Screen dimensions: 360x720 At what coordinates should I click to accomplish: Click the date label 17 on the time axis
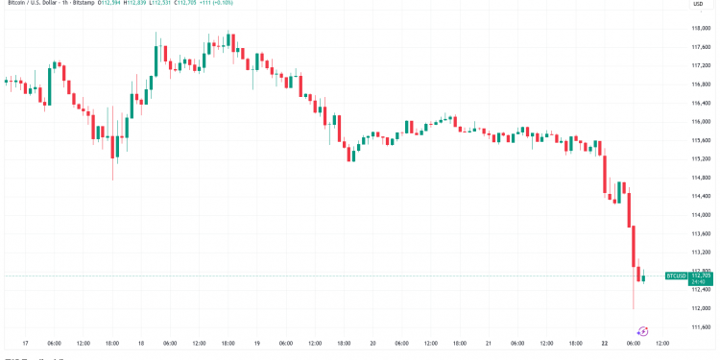tap(24, 343)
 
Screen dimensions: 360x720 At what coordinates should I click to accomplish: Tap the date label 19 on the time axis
tap(256, 343)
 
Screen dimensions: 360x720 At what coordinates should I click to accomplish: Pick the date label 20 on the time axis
tap(372, 343)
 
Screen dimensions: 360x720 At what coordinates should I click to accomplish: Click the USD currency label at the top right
tap(698, 4)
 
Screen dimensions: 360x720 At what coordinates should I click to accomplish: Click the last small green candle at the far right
tap(643, 277)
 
